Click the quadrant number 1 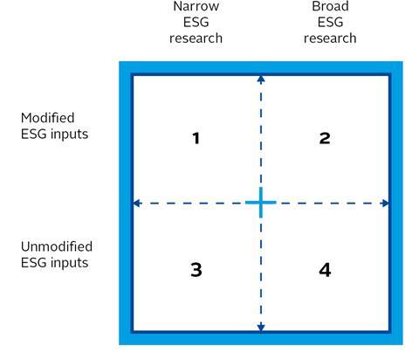point(196,138)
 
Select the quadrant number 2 point(325,138)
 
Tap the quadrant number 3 point(196,270)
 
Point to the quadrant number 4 point(325,270)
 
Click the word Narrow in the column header point(196,6)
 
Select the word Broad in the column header point(330,6)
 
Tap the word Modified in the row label point(48,118)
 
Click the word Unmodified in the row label point(57,246)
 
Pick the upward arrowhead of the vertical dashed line point(261,80)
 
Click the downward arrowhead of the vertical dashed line point(261,328)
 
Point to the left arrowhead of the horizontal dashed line point(137,203)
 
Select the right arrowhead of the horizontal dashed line point(385,203)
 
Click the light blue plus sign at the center point(261,203)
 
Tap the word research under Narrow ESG point(196,38)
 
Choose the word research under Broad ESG point(330,38)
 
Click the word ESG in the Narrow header point(196,23)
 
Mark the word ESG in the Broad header point(330,23)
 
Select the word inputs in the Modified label point(69,135)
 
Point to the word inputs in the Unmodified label point(69,263)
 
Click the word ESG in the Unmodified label point(34,263)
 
